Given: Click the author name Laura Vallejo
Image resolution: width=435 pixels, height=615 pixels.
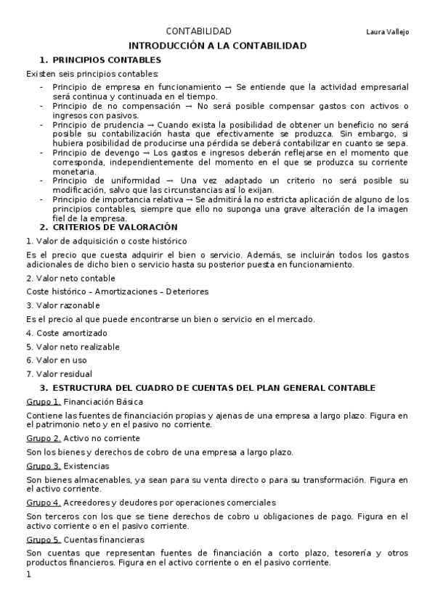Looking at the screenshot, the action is (388, 32).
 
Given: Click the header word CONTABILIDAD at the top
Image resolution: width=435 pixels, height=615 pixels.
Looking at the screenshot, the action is (199, 31).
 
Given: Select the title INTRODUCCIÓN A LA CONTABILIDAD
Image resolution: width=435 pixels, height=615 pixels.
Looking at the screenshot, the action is (217, 46).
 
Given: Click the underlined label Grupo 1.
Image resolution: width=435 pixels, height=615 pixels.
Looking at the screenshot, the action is (44, 401).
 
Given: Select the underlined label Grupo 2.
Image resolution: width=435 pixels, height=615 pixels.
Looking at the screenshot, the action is (44, 438).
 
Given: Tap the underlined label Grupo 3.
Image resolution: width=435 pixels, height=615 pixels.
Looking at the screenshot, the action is (44, 466).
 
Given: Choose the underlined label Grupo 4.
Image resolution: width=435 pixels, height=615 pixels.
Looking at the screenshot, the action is (44, 502).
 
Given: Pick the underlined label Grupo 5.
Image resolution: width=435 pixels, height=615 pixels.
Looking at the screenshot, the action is (44, 540).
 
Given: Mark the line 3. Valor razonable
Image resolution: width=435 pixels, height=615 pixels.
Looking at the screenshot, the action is (62, 305).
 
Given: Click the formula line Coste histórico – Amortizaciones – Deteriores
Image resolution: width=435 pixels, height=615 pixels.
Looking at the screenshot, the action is (117, 291).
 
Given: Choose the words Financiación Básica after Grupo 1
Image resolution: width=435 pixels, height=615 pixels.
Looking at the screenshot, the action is (104, 401).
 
